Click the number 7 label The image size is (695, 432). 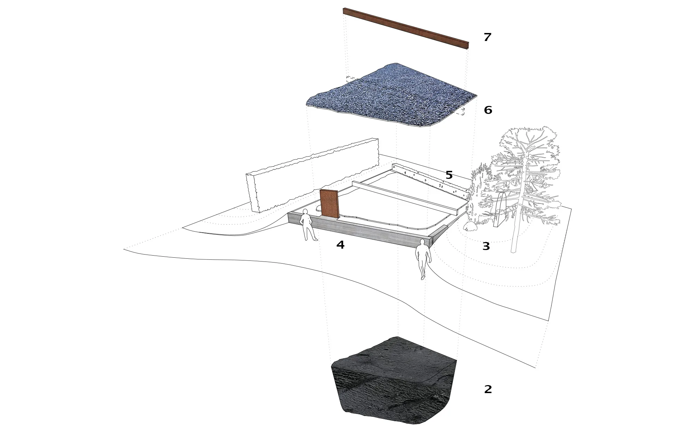click(x=488, y=37)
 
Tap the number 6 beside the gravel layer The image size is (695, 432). click(x=488, y=110)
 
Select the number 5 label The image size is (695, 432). click(x=449, y=175)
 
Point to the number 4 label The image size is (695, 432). click(x=340, y=245)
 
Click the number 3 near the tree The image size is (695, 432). click(x=486, y=246)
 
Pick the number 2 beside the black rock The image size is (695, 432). click(x=488, y=389)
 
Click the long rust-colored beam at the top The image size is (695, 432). click(x=406, y=28)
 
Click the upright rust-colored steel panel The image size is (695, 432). click(x=85, y=204)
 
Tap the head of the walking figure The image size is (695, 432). click(x=422, y=242)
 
